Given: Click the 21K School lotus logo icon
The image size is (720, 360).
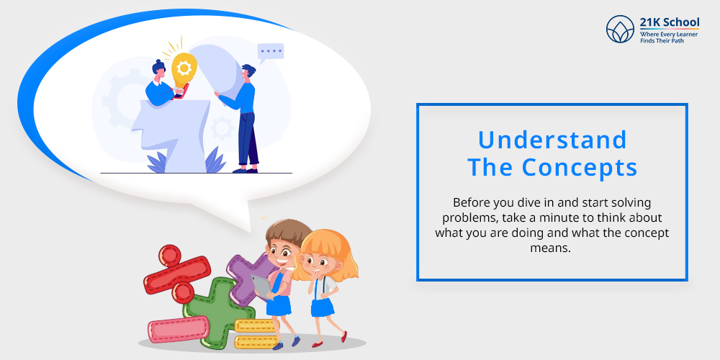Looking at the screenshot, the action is coord(620,29).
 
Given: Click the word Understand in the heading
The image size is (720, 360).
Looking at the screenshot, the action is coord(552,140).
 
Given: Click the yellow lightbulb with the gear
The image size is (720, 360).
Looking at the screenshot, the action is coord(184,69).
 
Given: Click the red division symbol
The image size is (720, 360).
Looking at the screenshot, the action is coord(177,274).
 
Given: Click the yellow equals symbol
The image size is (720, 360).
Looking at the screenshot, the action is coord(256,333).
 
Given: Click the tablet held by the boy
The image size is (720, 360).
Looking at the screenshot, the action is coord(262,286).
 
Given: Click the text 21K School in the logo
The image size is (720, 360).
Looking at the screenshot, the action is coord(670,22).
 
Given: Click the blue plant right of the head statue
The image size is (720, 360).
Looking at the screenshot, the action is coord(215,161).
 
